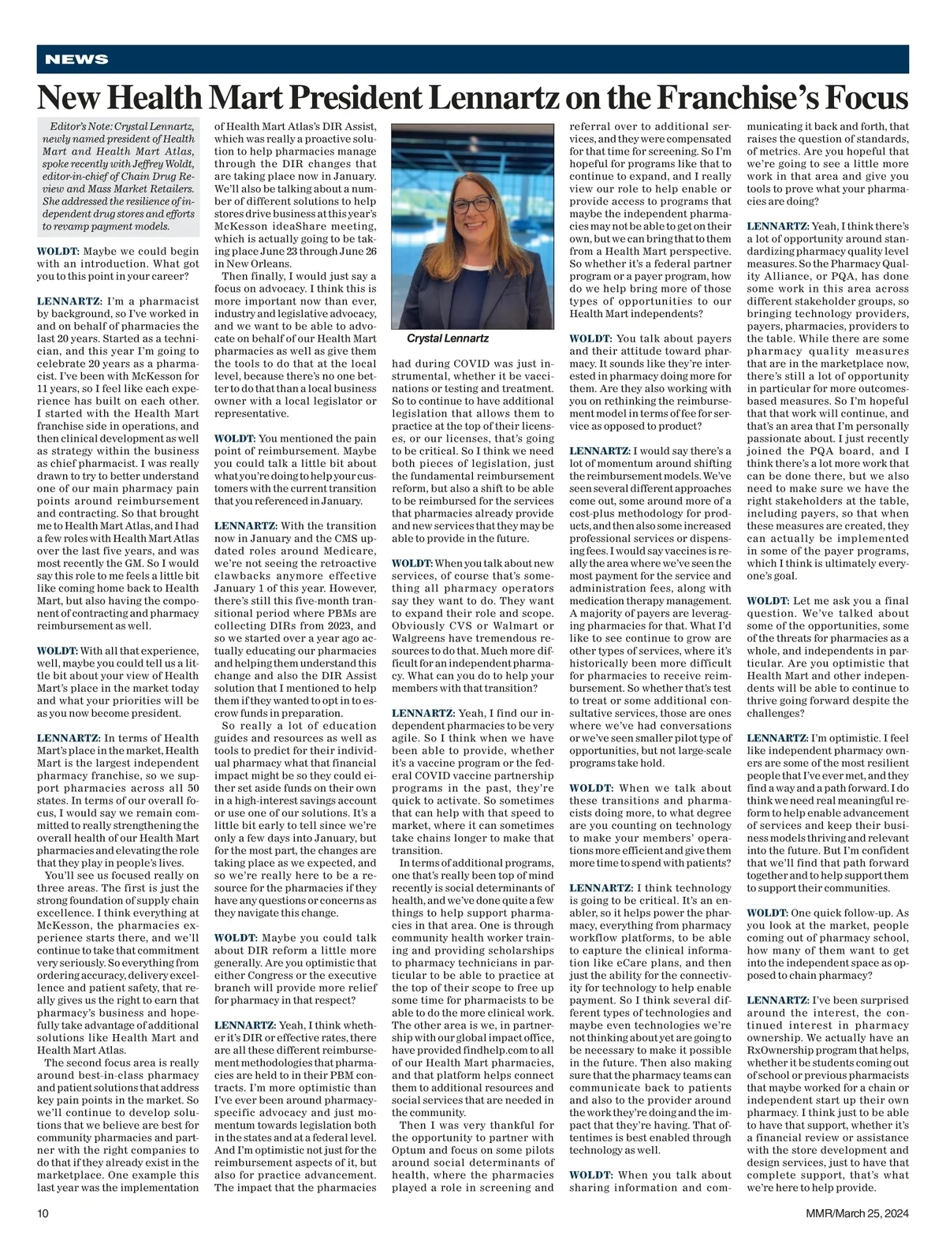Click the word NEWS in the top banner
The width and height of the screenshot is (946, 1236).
tap(76, 60)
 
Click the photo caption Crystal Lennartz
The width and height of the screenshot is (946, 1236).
tap(447, 338)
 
